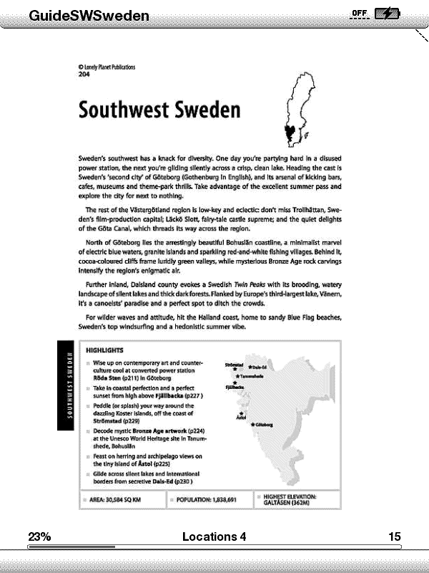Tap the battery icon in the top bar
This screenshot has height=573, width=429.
click(388, 14)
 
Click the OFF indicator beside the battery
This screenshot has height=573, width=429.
click(359, 13)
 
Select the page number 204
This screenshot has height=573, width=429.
click(84, 74)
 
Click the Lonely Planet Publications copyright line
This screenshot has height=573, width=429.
click(107, 67)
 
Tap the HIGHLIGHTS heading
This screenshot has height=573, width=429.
click(105, 350)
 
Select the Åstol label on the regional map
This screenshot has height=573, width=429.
click(240, 417)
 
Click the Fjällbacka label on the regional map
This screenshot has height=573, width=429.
click(235, 387)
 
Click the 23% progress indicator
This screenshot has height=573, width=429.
click(39, 536)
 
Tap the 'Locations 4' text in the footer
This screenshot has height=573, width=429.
click(214, 536)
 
